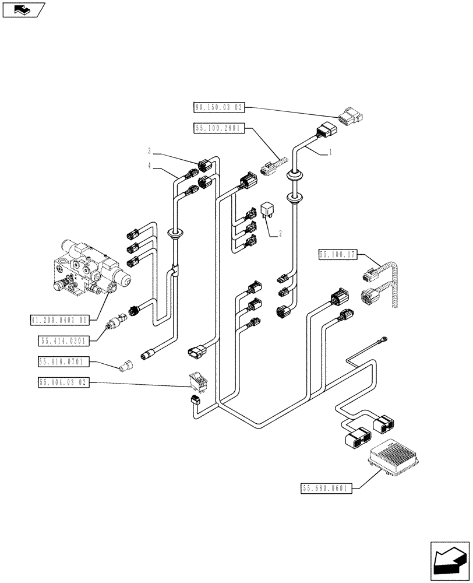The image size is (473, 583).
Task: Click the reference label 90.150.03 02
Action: [218, 107]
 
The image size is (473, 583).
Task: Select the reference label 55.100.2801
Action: [218, 128]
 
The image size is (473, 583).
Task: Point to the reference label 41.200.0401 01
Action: [60, 319]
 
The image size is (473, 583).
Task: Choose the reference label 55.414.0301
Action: [63, 340]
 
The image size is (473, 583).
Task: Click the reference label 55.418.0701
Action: [63, 361]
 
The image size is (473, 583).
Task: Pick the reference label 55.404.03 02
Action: [63, 382]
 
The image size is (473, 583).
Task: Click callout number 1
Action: [330, 152]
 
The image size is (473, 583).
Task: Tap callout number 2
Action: [280, 234]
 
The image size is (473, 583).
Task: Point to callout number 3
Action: [149, 151]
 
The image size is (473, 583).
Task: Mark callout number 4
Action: [149, 166]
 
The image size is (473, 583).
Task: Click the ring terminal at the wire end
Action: [384, 338]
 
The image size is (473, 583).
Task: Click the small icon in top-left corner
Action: [24, 9]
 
